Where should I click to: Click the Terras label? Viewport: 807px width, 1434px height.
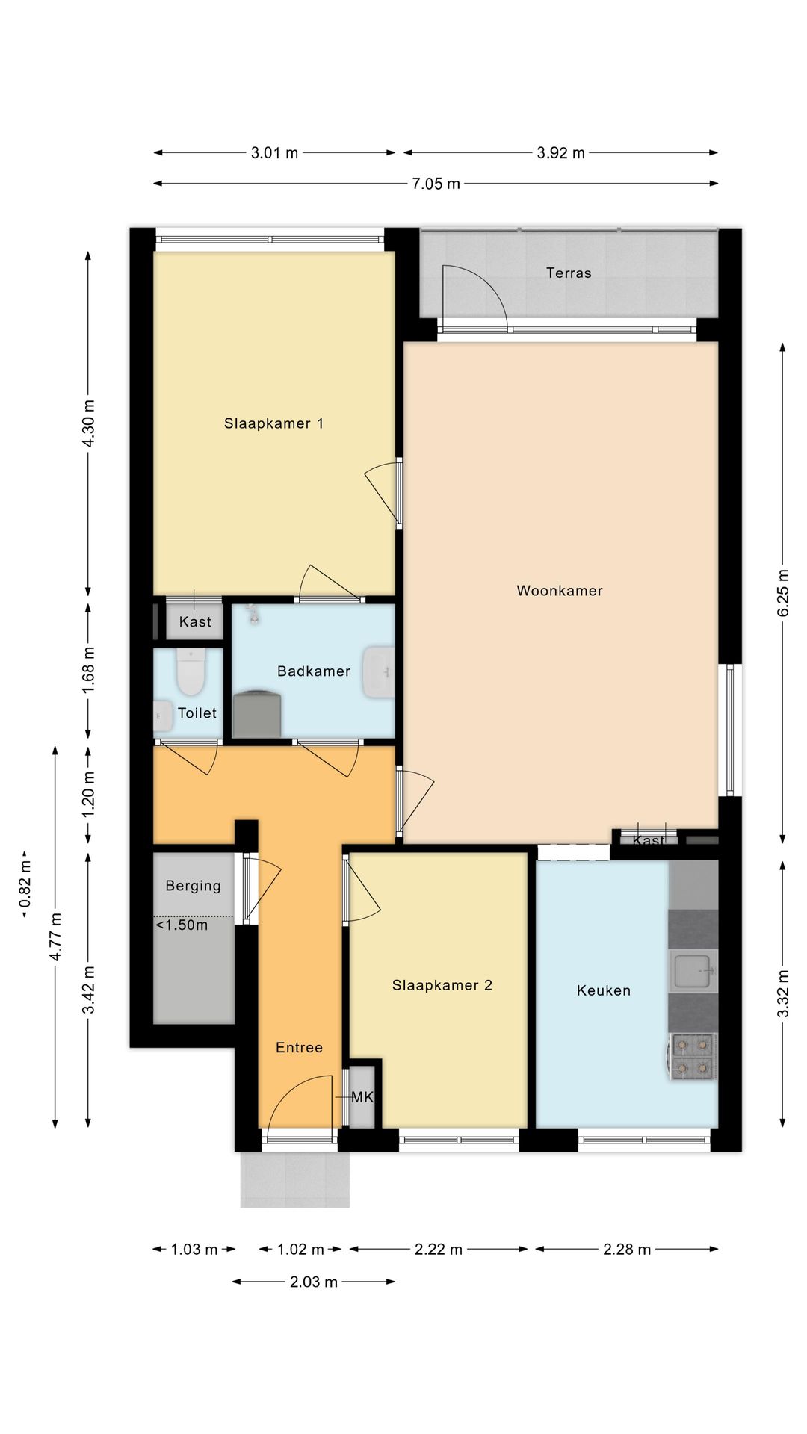pos(569,273)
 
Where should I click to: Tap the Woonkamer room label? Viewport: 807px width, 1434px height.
pos(560,591)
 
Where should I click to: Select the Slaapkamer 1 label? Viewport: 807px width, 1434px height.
pos(274,423)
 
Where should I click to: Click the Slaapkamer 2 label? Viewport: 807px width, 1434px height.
pos(442,985)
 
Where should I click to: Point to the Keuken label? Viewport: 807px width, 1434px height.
pos(604,990)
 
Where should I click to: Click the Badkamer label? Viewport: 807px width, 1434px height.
pos(314,671)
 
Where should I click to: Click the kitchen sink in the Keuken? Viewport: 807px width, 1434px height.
pos(693,971)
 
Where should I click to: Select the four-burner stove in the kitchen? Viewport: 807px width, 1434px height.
pos(693,1056)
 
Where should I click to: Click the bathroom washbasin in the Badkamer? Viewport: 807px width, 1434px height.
pos(378,672)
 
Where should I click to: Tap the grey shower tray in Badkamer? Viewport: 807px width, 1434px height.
pos(258,714)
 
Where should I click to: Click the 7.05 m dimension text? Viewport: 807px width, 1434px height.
pos(436,184)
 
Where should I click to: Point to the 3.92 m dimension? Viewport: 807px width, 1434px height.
pos(560,153)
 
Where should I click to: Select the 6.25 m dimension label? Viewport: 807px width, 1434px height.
pos(783,592)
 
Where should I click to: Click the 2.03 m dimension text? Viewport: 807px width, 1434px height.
pos(314,1282)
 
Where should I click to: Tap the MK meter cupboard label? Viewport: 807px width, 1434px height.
pos(362,1097)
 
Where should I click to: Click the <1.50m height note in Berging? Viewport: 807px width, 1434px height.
pos(182,925)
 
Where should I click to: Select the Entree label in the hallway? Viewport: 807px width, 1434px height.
pos(300,1048)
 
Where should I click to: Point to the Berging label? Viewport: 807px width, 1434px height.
pos(194,887)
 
